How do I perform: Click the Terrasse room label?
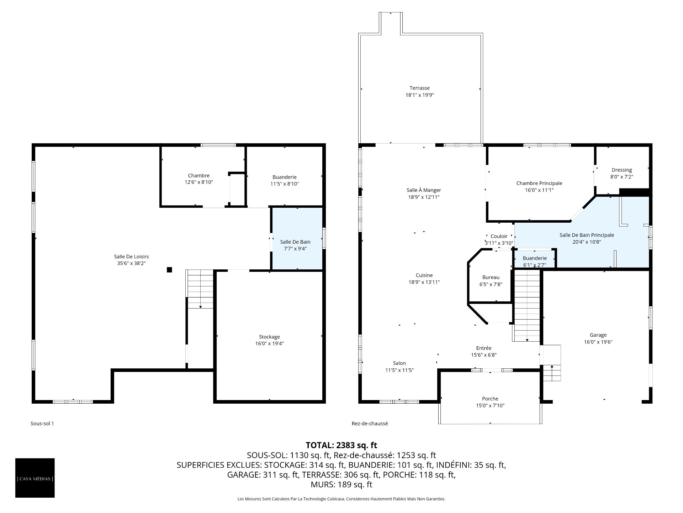point(419,88)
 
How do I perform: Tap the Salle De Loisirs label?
point(131,256)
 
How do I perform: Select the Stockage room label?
point(269,337)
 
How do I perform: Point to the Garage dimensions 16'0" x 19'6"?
point(598,342)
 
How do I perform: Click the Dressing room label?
point(621,170)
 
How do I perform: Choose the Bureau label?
point(491,277)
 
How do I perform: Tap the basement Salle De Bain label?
point(295,242)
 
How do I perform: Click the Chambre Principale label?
point(539,183)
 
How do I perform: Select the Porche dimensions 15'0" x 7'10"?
point(490,405)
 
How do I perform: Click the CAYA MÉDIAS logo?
point(35,478)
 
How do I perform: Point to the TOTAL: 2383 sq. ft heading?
point(341,445)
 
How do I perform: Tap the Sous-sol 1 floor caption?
point(42,424)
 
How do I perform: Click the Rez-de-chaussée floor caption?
point(370,424)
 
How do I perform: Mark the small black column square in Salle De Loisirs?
point(169,270)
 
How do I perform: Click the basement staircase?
point(200,289)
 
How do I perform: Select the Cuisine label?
point(424,275)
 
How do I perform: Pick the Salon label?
point(399,363)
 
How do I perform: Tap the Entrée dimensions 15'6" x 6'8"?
point(484,355)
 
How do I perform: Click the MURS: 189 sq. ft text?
point(341,484)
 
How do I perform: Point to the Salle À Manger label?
point(424,190)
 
